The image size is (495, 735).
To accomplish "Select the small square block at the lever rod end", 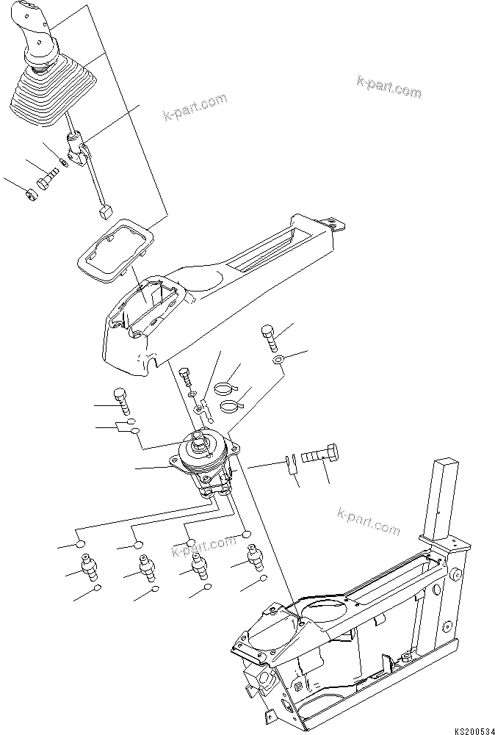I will click(x=102, y=212).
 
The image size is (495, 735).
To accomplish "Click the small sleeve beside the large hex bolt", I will click(x=290, y=463).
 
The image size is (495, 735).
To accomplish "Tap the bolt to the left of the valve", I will click(x=123, y=401).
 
